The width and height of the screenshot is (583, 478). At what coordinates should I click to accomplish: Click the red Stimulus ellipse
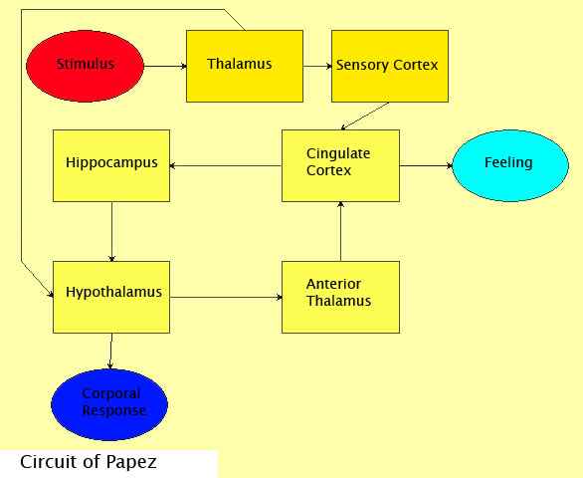coord(85,66)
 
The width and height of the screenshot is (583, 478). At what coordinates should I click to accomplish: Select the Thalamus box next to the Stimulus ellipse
coord(245,66)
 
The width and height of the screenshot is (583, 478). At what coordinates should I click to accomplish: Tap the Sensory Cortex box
coord(389,66)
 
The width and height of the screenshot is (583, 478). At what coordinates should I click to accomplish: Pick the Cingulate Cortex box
coord(340,165)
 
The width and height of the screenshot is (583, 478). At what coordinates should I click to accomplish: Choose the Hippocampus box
coord(110,165)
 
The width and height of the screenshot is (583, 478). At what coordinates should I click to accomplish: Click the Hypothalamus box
coord(110,296)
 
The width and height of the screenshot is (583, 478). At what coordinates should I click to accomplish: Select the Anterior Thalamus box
coord(340,296)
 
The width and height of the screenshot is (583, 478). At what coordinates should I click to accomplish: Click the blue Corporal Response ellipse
coord(109,403)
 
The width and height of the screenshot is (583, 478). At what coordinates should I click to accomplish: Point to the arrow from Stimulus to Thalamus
coord(164,67)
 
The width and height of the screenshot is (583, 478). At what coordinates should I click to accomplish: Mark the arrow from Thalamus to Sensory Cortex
coord(316,67)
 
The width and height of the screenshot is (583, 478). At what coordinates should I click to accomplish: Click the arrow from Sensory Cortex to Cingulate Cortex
coord(364,117)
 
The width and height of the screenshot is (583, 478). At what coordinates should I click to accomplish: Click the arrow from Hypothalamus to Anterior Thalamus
coord(226,296)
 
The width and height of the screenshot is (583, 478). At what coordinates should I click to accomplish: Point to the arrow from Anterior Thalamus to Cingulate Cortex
coord(340,230)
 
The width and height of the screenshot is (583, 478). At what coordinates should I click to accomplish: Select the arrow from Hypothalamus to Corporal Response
coord(110,350)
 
